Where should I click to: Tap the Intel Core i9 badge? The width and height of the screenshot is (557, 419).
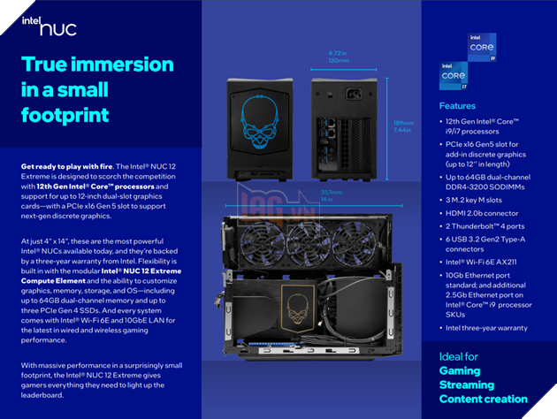(x=482, y=48)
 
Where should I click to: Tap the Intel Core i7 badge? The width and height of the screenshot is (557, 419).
(x=454, y=76)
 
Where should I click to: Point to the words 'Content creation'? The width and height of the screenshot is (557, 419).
(x=483, y=399)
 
